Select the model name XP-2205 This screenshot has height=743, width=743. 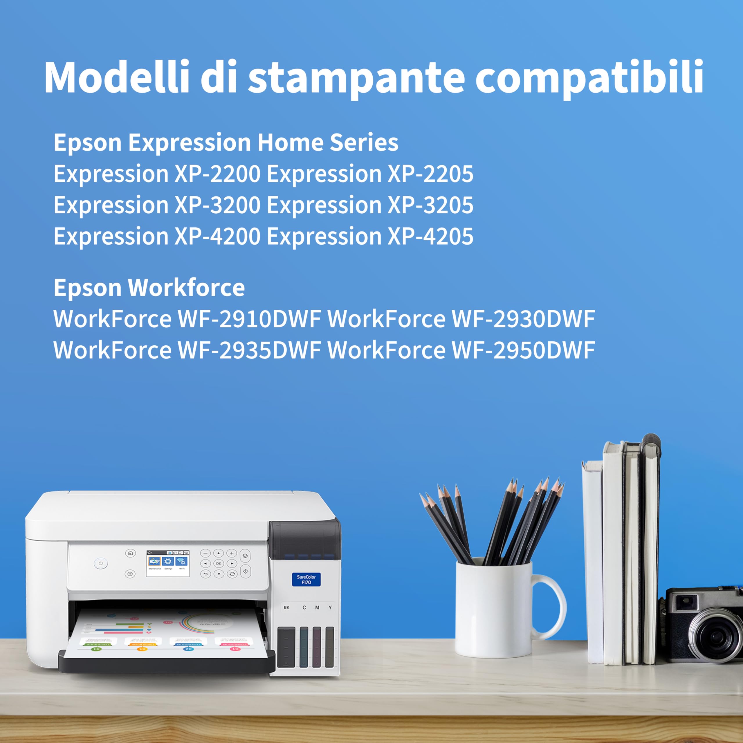pyautogui.click(x=430, y=174)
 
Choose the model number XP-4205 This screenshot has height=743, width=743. pyautogui.click(x=430, y=237)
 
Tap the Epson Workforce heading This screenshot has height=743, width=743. pyautogui.click(x=149, y=288)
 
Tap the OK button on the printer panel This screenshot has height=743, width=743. pyautogui.click(x=219, y=563)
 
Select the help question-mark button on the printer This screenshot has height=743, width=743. pyautogui.click(x=130, y=574)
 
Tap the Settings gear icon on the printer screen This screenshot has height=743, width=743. pyautogui.click(x=168, y=562)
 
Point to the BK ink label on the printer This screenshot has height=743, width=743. pyautogui.click(x=286, y=608)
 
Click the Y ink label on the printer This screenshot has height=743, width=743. pyautogui.click(x=330, y=608)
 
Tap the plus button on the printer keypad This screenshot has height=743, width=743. pyautogui.click(x=232, y=553)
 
